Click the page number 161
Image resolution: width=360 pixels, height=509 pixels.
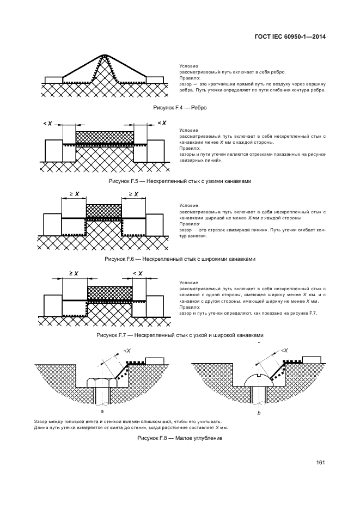coord(321,463)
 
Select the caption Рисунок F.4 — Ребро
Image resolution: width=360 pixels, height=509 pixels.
coord(180,108)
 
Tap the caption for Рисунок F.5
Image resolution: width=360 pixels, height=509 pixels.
coord(180,181)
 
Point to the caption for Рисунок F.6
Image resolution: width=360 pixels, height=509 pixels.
coord(180,259)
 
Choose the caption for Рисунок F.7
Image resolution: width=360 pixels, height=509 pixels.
coord(180,335)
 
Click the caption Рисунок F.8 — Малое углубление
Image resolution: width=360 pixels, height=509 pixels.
coord(180,438)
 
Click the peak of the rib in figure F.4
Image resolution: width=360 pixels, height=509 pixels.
coord(104,55)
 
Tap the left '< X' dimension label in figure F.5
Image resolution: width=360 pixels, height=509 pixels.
coord(47,124)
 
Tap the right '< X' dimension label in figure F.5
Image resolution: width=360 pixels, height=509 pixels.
coord(162,123)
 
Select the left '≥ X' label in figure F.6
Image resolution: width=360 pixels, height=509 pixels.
coord(74,194)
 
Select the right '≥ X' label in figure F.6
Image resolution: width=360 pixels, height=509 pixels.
coord(133,194)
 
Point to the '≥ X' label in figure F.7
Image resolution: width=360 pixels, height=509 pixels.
coord(74,274)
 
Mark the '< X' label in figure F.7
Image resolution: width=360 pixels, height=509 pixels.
coord(137,274)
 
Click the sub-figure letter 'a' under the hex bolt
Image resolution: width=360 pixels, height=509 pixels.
coord(102,412)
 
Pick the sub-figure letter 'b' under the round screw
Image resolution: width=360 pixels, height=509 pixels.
coord(259,413)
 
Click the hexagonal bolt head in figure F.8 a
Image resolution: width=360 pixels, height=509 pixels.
coord(102,382)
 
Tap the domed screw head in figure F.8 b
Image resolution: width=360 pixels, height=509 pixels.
coord(259,380)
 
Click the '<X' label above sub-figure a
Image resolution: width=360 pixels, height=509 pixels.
coord(127,351)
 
